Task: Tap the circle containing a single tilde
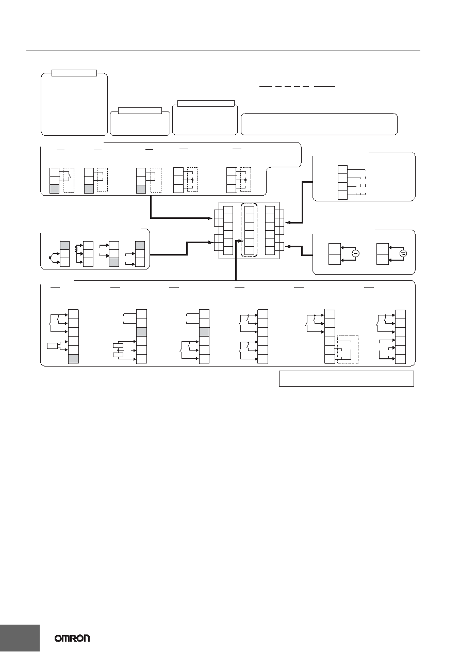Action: coord(355,253)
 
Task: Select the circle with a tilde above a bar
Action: coord(403,253)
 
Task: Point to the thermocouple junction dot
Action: coord(51,258)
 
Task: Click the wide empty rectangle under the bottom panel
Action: coord(347,378)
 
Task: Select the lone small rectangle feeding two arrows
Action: coord(52,346)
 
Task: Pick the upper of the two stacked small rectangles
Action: coord(118,345)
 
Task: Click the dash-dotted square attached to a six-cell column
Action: coord(348,349)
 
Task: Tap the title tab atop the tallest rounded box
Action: coord(74,73)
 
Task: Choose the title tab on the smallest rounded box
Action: coord(140,110)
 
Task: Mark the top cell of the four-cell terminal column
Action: coord(342,170)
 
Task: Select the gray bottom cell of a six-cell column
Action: coord(73,359)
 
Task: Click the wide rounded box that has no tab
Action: coord(319,124)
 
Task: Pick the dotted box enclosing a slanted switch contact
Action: coord(69,180)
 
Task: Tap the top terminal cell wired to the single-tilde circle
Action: coord(334,249)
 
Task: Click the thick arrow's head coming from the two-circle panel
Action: coord(288,246)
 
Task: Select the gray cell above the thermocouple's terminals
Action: coord(64,245)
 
